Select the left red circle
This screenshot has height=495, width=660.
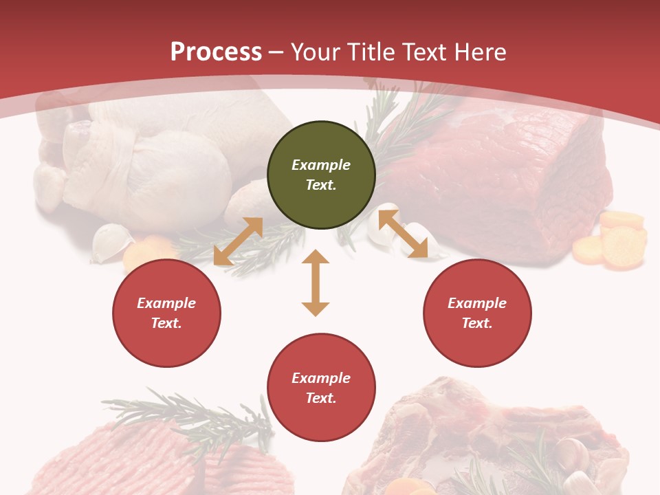coord(166,313)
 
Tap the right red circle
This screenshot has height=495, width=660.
coord(477,313)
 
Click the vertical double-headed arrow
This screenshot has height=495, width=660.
coord(316,283)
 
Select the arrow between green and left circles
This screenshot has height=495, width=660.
coord(238,241)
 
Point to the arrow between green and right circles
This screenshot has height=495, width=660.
coord(403,234)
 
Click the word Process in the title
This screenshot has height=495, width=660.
coord(216,52)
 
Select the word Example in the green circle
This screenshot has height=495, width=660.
coord(321,165)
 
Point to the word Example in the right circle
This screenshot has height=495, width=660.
coord(477,303)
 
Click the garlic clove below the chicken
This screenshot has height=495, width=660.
coord(111,241)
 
